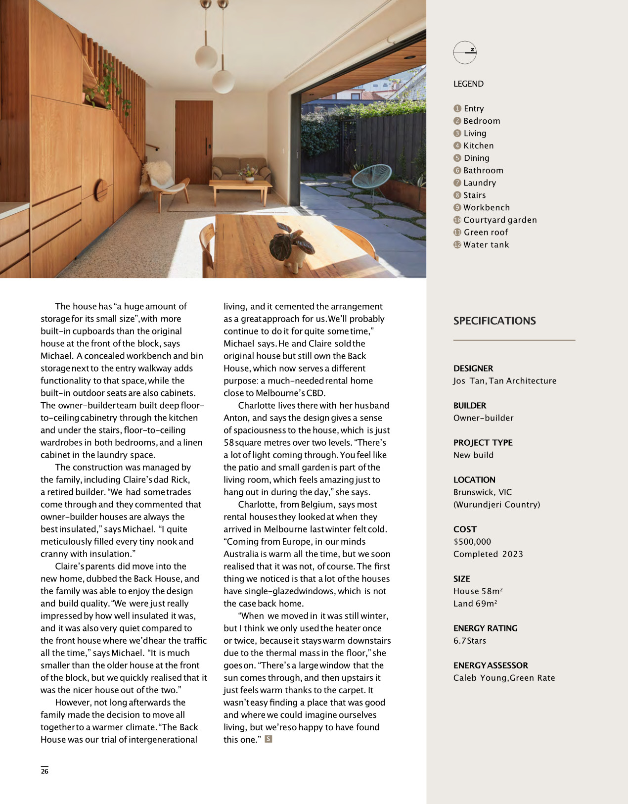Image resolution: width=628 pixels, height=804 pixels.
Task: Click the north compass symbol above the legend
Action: tap(465, 52)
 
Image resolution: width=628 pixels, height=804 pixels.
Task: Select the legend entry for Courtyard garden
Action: tap(499, 220)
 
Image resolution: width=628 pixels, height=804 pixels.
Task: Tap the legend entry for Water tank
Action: tap(486, 245)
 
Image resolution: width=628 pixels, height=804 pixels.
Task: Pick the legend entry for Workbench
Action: tap(486, 208)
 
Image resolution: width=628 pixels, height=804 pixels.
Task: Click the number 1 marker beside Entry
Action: tap(457, 108)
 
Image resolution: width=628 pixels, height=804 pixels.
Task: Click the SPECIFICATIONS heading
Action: tap(494, 321)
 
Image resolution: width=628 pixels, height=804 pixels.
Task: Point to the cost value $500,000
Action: tap(472, 542)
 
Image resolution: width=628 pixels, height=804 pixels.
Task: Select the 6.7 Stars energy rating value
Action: tap(470, 641)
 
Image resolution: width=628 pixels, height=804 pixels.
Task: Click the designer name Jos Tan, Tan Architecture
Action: tap(505, 381)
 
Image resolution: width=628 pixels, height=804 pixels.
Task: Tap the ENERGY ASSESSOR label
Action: tap(491, 665)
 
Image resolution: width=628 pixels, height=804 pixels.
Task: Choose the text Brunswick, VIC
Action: tap(483, 492)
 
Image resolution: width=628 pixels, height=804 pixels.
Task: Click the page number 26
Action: tap(45, 771)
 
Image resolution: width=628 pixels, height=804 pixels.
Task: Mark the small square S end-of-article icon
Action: tap(269, 739)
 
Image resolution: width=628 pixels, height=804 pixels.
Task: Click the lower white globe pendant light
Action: tap(223, 81)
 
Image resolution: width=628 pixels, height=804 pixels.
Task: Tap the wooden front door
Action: tap(194, 141)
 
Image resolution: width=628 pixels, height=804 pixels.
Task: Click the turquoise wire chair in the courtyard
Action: tap(371, 178)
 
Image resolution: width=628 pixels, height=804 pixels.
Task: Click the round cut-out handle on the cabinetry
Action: tap(101, 190)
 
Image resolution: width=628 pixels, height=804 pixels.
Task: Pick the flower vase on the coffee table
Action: tap(249, 174)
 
